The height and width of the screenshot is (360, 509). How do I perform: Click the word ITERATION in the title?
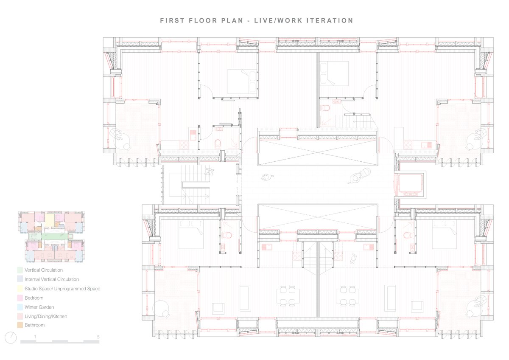330,21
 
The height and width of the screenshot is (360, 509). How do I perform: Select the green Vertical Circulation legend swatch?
20,270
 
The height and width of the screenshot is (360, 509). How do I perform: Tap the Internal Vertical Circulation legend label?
52,279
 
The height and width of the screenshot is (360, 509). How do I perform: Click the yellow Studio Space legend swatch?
20,289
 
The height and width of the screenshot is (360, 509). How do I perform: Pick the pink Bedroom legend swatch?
20,298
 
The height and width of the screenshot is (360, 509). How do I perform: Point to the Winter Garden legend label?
39,307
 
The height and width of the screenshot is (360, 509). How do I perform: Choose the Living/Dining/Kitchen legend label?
46,316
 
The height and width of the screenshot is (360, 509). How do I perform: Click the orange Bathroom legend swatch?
20,325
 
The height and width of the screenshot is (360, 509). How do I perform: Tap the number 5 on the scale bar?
98,337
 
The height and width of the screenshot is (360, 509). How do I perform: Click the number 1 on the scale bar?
35,337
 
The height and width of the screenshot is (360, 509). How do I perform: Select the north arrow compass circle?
11,338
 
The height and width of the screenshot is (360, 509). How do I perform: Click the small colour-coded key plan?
51,237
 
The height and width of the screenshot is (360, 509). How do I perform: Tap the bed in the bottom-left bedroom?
191,234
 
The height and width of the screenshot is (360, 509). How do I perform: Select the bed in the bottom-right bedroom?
445,234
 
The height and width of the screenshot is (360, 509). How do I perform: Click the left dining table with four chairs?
288,295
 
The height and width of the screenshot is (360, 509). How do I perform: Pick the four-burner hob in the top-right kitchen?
408,144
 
